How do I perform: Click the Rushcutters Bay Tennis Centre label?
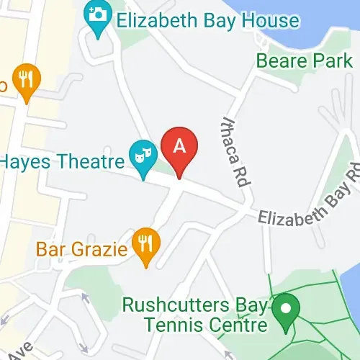(194, 315)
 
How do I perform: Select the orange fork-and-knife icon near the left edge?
(28, 80)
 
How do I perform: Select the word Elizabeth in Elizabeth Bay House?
(158, 20)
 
